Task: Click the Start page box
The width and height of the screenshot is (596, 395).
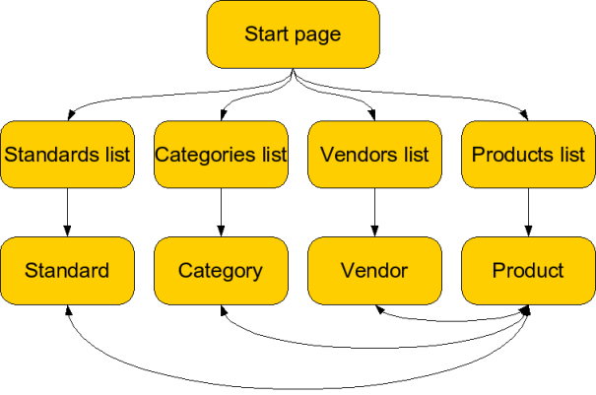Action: [x=293, y=34]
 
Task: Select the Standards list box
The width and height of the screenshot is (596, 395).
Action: [x=67, y=154]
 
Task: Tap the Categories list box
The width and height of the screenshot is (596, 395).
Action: [x=221, y=154]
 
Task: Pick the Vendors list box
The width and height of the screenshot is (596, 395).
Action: [x=374, y=154]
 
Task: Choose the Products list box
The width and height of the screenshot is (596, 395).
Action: [x=528, y=154]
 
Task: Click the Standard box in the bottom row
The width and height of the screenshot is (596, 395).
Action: [x=67, y=270]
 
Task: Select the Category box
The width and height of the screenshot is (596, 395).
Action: [x=221, y=270]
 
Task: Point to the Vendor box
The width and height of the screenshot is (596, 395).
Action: [x=374, y=270]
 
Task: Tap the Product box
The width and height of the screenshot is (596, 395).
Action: [x=528, y=270]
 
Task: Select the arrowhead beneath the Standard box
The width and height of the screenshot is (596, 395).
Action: [x=66, y=310]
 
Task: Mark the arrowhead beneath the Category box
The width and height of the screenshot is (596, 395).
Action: [x=224, y=310]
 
